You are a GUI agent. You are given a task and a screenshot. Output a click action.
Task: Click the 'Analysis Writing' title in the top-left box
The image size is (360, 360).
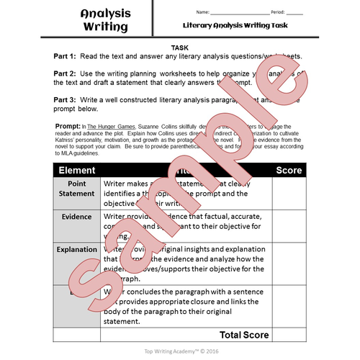pos(104,20)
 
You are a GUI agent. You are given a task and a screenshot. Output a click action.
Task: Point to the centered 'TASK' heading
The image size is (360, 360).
pos(180,47)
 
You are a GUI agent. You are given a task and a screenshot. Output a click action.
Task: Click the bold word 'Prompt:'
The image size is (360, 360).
pos(69,125)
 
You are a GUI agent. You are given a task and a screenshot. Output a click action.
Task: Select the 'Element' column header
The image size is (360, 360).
pos(76,171)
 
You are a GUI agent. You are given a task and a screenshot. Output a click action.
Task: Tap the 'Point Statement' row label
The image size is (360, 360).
pos(76,193)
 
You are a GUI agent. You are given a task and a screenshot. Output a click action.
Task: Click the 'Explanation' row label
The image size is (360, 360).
pos(76,250)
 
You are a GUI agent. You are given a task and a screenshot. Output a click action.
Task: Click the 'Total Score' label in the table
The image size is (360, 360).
pos(244,335)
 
